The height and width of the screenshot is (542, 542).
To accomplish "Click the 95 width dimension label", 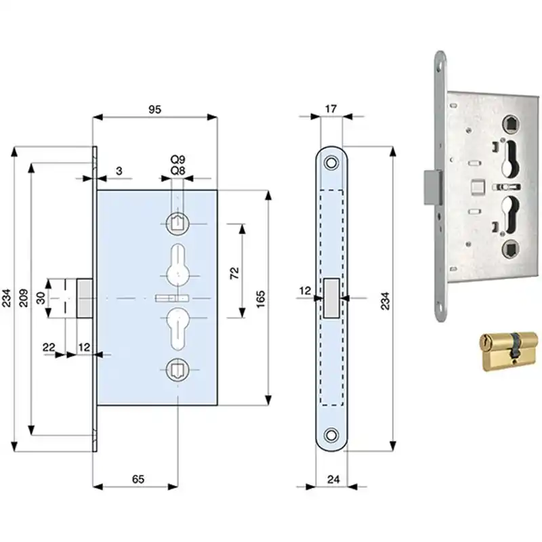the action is tap(155, 109).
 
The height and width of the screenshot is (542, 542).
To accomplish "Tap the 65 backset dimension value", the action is tap(138, 479).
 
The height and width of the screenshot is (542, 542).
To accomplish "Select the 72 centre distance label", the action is tap(234, 273).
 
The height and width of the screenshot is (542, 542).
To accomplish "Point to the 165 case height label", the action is tap(261, 299).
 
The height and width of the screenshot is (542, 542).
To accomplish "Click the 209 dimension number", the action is tap(23, 297).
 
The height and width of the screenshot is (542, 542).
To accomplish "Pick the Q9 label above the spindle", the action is tap(178, 159).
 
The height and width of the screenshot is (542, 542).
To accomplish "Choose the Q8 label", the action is tap(178, 171).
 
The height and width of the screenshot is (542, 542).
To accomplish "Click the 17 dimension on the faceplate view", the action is tap(331, 109).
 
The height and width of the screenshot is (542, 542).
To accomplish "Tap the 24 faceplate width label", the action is tap(333, 479).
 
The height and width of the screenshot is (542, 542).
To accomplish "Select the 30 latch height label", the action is tap(41, 298).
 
